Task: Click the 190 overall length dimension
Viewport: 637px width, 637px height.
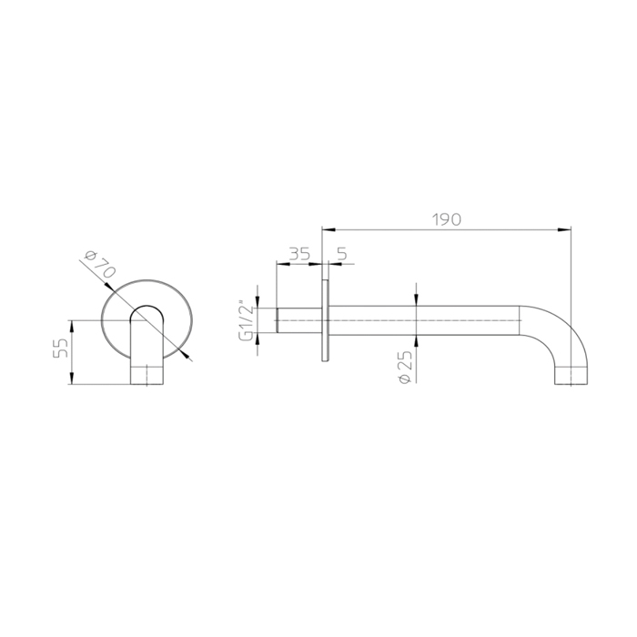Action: (x=447, y=220)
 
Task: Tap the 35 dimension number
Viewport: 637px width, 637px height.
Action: (x=299, y=254)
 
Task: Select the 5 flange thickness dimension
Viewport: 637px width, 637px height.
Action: (x=342, y=254)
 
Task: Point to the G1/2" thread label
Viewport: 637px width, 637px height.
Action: (x=247, y=321)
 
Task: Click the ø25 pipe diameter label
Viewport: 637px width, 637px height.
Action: (x=405, y=366)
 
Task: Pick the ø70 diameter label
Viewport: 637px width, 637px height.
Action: (x=99, y=265)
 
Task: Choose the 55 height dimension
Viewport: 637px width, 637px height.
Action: (x=61, y=348)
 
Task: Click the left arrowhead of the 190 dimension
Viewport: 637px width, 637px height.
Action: (x=329, y=230)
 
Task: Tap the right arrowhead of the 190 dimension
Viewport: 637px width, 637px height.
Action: (x=564, y=230)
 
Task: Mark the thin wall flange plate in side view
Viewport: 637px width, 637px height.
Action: (x=326, y=320)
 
